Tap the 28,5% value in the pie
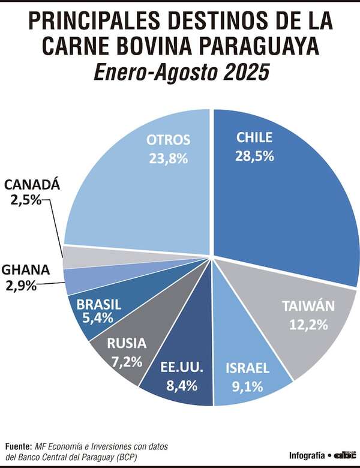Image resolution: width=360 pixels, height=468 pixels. [x=255, y=156]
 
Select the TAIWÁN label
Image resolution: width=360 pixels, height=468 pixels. [x=308, y=306]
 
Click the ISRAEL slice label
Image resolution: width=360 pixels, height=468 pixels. [x=247, y=368]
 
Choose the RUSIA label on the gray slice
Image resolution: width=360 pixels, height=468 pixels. [x=126, y=344]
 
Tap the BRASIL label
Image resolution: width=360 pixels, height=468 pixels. [x=99, y=304]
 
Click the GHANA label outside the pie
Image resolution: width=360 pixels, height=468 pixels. [x=25, y=269]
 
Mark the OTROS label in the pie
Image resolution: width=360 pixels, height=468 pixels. [x=169, y=140]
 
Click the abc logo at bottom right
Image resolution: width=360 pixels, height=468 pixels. [x=345, y=455]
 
